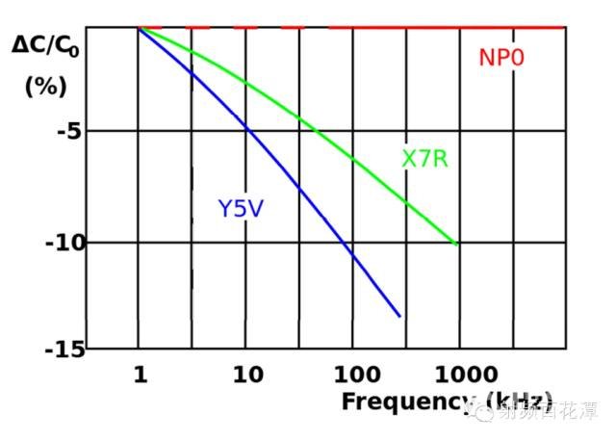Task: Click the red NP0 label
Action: [x=501, y=58]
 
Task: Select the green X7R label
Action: [x=424, y=159]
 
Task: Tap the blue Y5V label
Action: [x=240, y=208]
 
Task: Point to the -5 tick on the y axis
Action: [x=68, y=131]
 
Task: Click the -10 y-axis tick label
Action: [x=64, y=242]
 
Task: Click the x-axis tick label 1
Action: [x=141, y=375]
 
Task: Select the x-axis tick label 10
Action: [x=247, y=375]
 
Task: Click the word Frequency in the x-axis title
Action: [x=405, y=402]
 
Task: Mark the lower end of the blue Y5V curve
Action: [x=399, y=316]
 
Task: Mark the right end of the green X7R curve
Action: [x=456, y=245]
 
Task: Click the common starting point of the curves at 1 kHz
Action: [x=140, y=28]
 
